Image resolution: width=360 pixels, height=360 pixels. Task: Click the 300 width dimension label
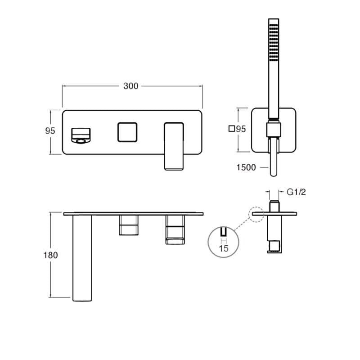coord(130,86)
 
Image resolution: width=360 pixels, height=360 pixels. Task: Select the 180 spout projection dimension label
coord(50,255)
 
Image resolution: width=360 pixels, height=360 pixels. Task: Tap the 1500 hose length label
coord(246,167)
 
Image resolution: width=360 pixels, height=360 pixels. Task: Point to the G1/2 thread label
coord(296,192)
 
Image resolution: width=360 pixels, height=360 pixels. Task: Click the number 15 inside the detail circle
coord(223,248)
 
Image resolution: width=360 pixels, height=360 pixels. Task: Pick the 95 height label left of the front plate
coord(50,131)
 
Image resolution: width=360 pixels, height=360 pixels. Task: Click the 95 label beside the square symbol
coord(241,129)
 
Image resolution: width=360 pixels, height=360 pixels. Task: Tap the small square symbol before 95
coord(232,129)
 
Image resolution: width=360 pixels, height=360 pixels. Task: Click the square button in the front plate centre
coord(127,132)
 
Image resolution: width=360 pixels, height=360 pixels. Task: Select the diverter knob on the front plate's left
coord(81,136)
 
